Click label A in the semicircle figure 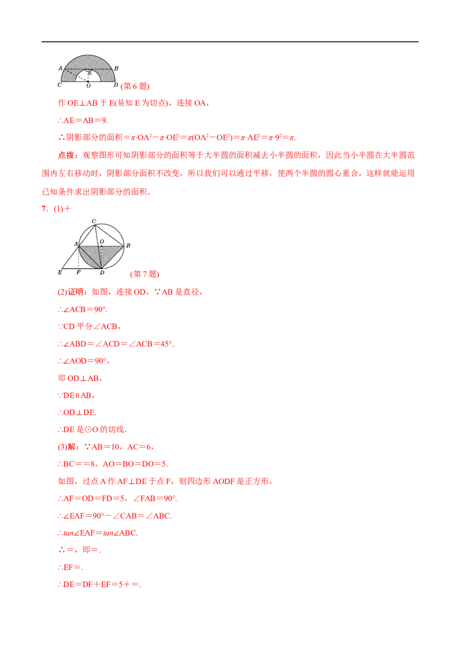tap(60, 68)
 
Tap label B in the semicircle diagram tap(116, 68)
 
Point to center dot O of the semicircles tap(88, 82)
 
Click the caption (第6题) tap(135, 86)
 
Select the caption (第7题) tap(145, 274)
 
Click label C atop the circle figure tap(94, 222)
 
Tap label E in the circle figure tap(60, 272)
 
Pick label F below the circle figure tap(78, 272)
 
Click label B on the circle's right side tap(128, 245)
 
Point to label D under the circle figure tap(102, 272)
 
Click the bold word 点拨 tap(66, 156)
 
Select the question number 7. tap(44, 208)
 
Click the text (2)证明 tap(71, 292)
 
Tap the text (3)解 tap(67, 447)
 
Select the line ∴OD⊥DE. tap(77, 412)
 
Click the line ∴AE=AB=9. tap(83, 121)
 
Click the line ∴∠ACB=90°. tap(83, 309)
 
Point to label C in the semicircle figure tap(59, 84)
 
